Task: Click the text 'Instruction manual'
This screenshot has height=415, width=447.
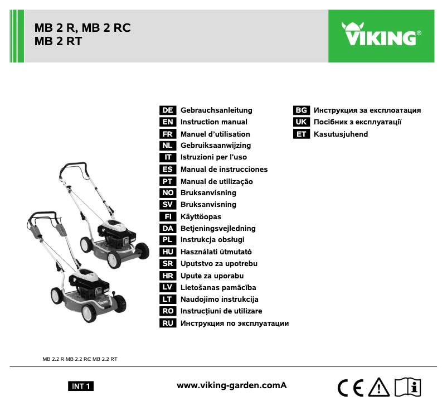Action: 214,122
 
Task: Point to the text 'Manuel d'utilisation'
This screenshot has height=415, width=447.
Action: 215,134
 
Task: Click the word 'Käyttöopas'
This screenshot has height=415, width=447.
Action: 201,216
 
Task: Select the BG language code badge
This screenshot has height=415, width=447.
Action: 302,110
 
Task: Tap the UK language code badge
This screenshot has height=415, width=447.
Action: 302,122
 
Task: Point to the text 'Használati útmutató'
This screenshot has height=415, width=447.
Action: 216,252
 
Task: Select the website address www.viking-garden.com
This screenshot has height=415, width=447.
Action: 231,385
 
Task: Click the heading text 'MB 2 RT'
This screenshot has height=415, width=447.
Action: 58,41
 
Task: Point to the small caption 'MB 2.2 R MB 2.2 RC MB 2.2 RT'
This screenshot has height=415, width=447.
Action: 80,359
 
